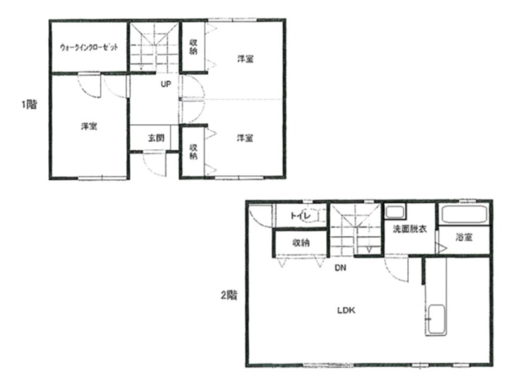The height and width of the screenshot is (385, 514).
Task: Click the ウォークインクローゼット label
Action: (89, 47)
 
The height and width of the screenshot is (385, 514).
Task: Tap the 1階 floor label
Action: (29, 104)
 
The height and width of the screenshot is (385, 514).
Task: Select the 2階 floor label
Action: (229, 295)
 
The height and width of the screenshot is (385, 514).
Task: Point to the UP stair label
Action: (166, 84)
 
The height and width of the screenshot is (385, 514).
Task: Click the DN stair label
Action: (341, 268)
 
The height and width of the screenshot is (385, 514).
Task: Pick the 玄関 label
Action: (156, 138)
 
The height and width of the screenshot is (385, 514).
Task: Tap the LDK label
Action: (346, 310)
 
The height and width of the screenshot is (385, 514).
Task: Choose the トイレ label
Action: (300, 215)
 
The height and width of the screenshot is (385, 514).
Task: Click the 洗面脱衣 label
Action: (410, 229)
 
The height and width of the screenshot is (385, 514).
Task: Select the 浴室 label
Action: (464, 237)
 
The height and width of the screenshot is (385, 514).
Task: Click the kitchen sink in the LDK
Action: (436, 320)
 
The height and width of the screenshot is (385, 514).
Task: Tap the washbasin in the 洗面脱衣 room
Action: (395, 212)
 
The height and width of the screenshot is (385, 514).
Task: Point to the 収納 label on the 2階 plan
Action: (301, 243)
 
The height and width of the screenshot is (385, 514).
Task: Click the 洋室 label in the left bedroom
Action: (89, 126)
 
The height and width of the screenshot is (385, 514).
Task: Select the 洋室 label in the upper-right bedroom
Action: (245, 59)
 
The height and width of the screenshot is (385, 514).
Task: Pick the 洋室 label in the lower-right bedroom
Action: (245, 138)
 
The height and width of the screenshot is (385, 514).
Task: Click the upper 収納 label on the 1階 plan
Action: (193, 47)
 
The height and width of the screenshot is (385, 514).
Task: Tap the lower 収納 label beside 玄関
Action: (193, 151)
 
